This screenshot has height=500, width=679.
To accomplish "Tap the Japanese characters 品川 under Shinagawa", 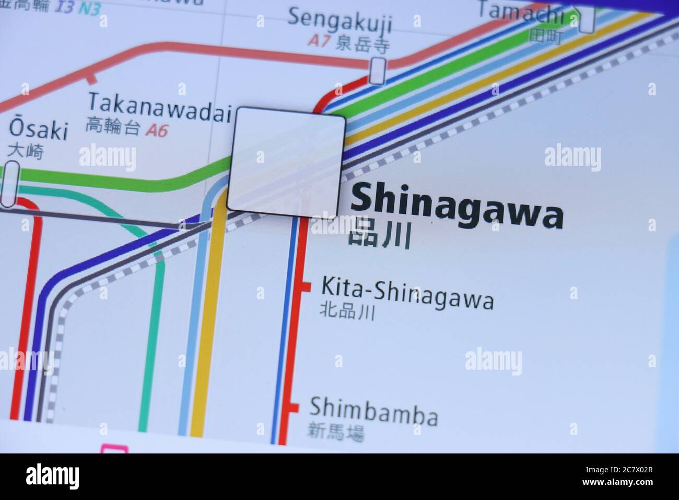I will (x=379, y=235).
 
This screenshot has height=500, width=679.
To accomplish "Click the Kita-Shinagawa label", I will (x=407, y=293).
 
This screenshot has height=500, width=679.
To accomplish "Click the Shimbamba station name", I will (x=373, y=411).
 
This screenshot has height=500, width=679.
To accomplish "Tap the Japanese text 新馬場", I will (x=335, y=432).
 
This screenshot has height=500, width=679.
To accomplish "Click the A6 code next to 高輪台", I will (x=157, y=130).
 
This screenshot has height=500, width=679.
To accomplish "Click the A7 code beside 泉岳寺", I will (x=318, y=41).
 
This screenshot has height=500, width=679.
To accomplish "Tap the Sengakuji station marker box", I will (x=378, y=70).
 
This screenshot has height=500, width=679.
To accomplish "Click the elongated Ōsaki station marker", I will (x=10, y=185).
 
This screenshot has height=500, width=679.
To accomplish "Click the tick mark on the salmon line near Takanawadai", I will (x=92, y=79).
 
